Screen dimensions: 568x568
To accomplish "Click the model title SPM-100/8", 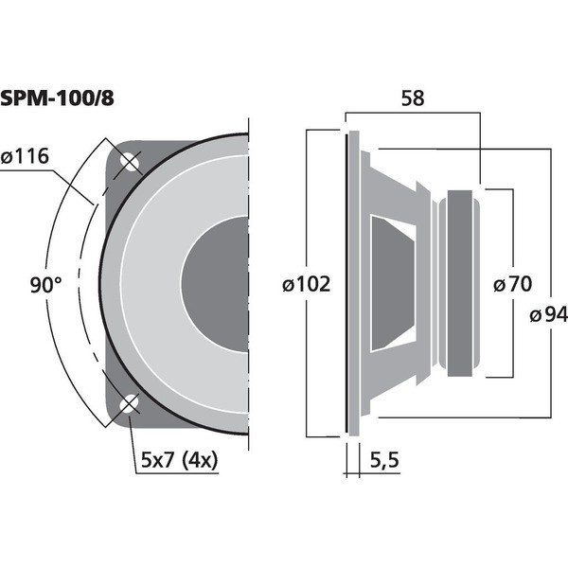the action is coord(57,98).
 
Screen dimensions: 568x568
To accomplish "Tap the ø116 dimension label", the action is coord(25,156).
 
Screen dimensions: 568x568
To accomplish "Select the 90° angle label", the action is coord(45,284).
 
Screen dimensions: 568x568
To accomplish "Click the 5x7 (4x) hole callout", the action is coord(179,460).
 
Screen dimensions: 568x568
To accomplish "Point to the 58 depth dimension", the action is coord(413,98).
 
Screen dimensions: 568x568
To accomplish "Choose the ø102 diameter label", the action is coord(307,284).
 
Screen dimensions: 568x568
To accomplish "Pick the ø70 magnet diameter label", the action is coord(512,284).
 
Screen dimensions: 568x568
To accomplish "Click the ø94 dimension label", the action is coord(549,314).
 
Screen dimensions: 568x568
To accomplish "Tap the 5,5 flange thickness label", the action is coord(384,460).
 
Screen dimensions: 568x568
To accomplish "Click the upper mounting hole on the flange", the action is coord(130,162).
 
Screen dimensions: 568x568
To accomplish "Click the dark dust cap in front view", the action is coord(215,284).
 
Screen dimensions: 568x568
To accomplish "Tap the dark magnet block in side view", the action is coord(460,283).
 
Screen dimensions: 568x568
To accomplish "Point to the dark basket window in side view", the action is coord(394,283).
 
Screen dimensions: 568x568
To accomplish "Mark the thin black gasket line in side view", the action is coord(346,284).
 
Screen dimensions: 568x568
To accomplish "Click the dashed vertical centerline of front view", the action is coord(249,284).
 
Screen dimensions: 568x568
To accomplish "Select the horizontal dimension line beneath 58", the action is coord(413,113).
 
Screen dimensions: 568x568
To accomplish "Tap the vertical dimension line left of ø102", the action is coord(307,284).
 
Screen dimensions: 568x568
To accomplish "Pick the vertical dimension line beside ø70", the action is coord(513,283).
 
